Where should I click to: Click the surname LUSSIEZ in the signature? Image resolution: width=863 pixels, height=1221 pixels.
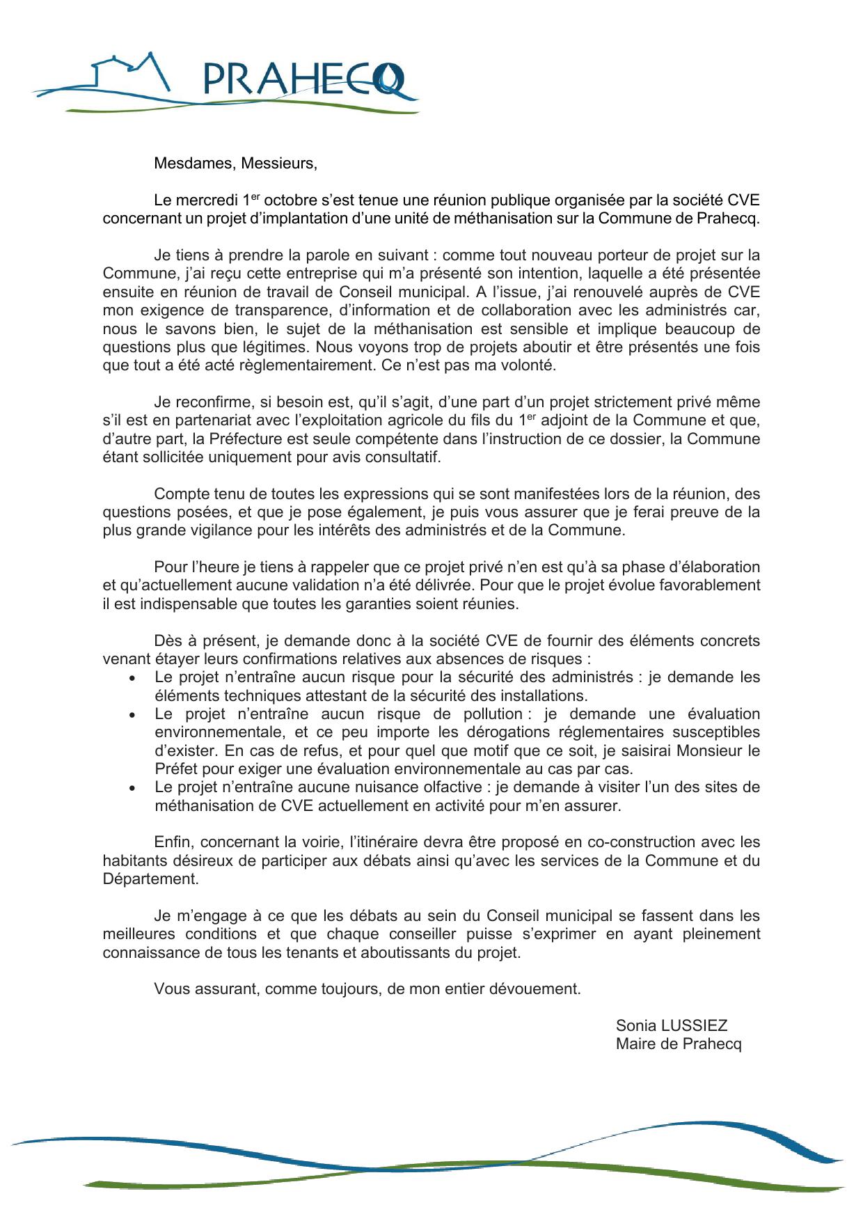[693, 1025]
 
